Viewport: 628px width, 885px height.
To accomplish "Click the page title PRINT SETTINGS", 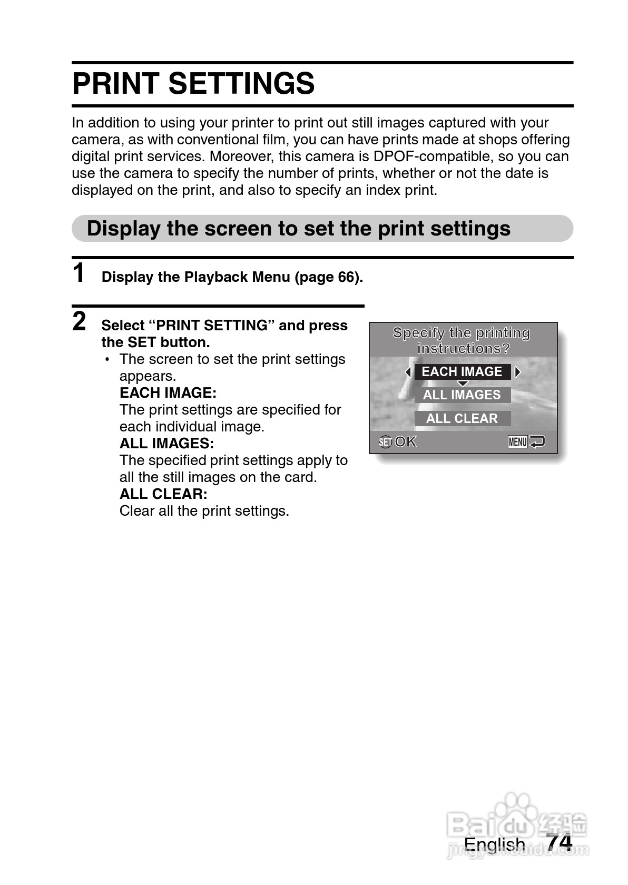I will click(x=193, y=84).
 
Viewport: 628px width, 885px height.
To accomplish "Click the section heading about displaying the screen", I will click(x=298, y=229).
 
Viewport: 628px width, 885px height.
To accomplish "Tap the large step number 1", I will click(x=78, y=273).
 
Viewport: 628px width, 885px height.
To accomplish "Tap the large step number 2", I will click(x=79, y=321).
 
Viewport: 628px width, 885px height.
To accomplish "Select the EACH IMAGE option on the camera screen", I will click(x=462, y=372).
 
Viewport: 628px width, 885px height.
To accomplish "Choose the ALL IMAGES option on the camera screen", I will click(x=462, y=395).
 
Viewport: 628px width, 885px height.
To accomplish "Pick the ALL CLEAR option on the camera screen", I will click(x=462, y=419).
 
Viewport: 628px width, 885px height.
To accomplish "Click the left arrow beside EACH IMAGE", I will click(x=408, y=372).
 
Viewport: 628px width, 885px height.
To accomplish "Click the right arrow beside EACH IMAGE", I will click(x=517, y=372).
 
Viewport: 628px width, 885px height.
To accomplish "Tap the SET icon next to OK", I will click(x=385, y=442).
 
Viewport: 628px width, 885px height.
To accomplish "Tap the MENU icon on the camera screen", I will click(x=517, y=442).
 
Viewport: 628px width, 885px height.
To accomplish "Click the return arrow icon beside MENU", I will click(x=537, y=441).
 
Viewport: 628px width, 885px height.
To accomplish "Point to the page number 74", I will click(x=560, y=843).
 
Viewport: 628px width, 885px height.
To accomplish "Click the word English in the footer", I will click(x=494, y=844).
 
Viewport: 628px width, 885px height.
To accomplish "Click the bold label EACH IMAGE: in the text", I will click(x=168, y=393).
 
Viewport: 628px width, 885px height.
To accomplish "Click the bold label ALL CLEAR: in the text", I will click(x=163, y=494).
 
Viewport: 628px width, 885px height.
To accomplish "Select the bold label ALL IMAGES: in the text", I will click(x=166, y=444).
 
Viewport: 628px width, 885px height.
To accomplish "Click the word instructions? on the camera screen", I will click(x=463, y=349).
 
